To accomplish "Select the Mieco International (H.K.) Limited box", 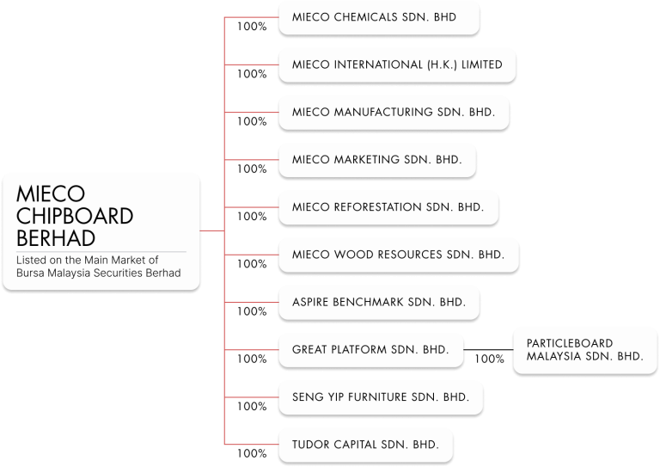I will click(397, 65).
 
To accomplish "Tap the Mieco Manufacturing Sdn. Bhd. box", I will click(393, 112).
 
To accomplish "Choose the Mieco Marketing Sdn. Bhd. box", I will click(376, 160).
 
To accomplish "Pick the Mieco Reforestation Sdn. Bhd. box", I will click(388, 207).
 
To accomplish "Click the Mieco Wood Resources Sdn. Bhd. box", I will click(398, 255).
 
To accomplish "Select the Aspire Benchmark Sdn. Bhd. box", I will click(378, 303).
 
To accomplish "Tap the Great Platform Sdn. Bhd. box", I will click(370, 350).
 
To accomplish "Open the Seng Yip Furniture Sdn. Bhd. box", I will click(380, 397).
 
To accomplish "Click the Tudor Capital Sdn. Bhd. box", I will click(365, 445).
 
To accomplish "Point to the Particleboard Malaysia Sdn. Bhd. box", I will click(584, 349).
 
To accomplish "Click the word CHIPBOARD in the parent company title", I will click(75, 215).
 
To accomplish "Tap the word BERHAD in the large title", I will click(56, 237).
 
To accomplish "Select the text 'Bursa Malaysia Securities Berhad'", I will click(99, 273).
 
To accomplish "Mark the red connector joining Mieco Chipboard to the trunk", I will click(212, 230).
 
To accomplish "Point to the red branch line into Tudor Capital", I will click(251, 445).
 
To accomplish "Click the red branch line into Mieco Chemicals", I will click(251, 17).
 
